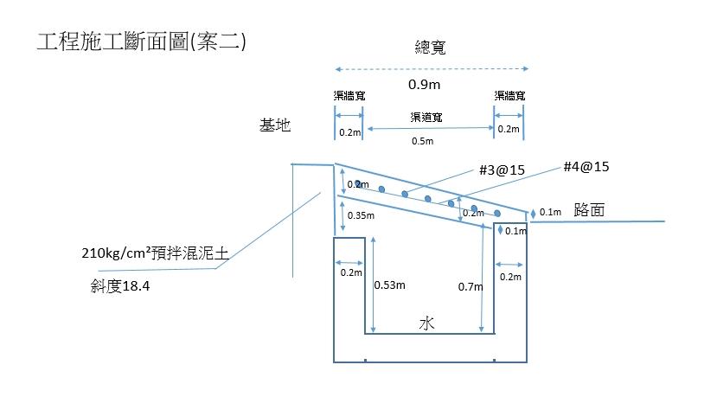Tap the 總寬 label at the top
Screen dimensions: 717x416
[x=430, y=48]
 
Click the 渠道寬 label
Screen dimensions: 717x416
[x=426, y=116]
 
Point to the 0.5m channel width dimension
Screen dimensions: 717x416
[x=423, y=141]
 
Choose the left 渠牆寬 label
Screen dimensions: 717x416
[x=349, y=95]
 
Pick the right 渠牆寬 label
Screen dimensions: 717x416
[x=509, y=95]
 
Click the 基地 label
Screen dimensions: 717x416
[x=275, y=125]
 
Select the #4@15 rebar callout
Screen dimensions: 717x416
[x=586, y=167]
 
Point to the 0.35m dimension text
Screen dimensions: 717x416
[x=360, y=215]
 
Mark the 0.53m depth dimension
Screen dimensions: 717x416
[x=389, y=285]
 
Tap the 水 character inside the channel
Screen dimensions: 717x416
[x=426, y=323]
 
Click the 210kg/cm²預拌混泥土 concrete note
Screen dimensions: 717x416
[x=154, y=255]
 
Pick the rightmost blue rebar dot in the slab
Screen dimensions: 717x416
[x=497, y=213]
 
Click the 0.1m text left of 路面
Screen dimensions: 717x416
[x=550, y=213]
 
